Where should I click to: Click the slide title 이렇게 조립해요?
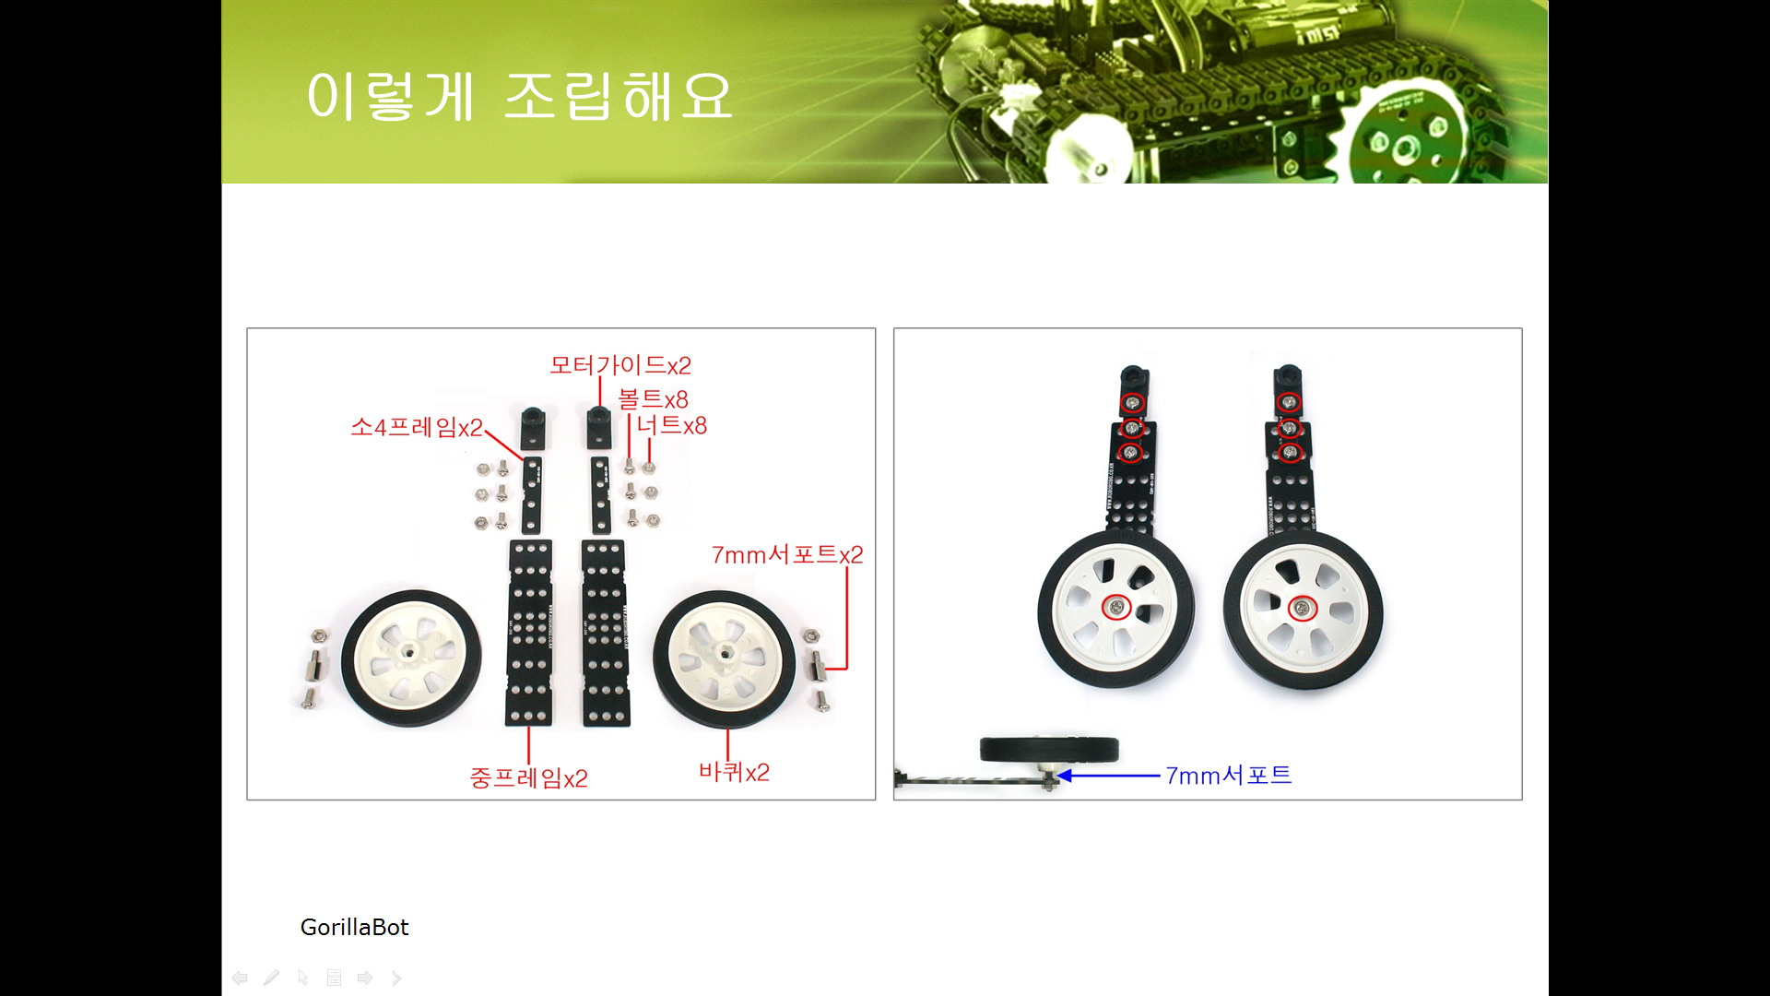pyautogui.click(x=520, y=96)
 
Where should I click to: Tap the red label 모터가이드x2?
pyautogui.click(x=620, y=365)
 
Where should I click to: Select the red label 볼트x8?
pyautogui.click(x=653, y=399)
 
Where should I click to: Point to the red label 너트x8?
pyautogui.click(x=672, y=425)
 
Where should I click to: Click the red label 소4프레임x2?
pyautogui.click(x=417, y=427)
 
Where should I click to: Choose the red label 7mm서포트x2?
pyautogui.click(x=787, y=554)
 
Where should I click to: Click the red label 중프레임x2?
pyautogui.click(x=528, y=778)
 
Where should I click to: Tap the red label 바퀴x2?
pyautogui.click(x=734, y=772)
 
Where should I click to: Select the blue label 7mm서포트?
pyautogui.click(x=1229, y=776)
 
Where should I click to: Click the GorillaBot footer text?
pyautogui.click(x=354, y=927)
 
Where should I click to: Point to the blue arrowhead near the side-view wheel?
pyautogui.click(x=1065, y=776)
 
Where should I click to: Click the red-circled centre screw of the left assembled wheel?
pyautogui.click(x=1117, y=607)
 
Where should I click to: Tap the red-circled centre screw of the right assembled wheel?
pyautogui.click(x=1302, y=609)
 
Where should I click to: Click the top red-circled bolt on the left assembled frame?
pyautogui.click(x=1133, y=403)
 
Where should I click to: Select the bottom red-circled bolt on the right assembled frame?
pyautogui.click(x=1290, y=452)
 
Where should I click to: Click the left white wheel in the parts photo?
pyautogui.click(x=411, y=658)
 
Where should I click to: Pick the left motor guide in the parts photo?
pyautogui.click(x=533, y=428)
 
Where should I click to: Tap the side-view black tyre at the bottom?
pyautogui.click(x=1049, y=749)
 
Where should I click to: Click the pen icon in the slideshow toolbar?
pyautogui.click(x=271, y=978)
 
